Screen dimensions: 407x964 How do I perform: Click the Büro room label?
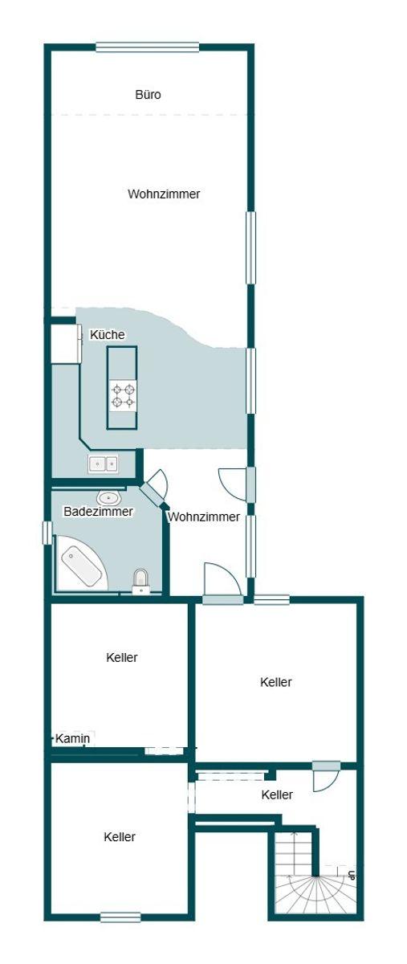[148, 95]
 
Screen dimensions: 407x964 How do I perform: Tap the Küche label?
[107, 335]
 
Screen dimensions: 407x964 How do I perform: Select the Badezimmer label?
[98, 512]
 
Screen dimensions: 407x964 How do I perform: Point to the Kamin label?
[73, 739]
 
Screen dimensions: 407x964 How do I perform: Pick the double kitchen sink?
[104, 464]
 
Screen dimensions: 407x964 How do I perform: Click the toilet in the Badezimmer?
[140, 582]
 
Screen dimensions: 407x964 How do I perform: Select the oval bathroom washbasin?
[109, 498]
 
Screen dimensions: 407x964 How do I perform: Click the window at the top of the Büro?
[148, 47]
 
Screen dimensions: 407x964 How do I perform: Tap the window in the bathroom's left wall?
[47, 533]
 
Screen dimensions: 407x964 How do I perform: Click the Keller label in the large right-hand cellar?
[276, 682]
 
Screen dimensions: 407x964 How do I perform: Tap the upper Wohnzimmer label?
[164, 194]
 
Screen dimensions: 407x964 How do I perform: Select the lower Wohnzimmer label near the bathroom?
[204, 517]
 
